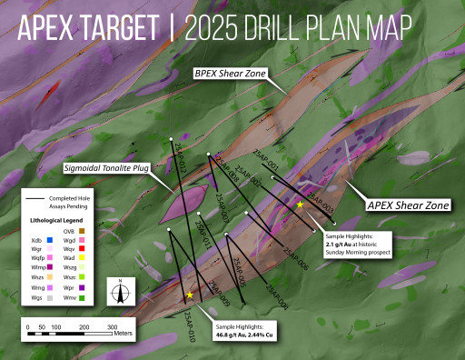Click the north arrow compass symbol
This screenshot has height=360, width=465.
(118, 292)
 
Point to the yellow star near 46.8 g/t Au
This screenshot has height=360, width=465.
(189, 295)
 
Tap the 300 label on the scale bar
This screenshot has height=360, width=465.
(113, 325)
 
